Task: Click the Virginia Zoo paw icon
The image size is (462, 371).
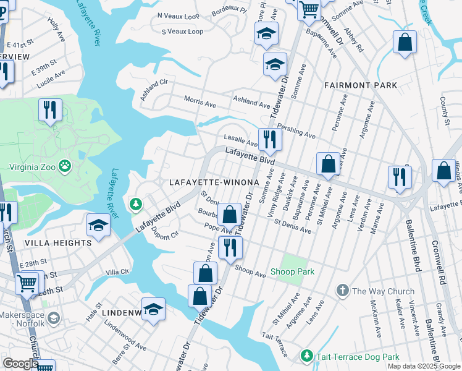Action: coord(65,166)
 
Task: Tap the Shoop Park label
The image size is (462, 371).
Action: coord(292,272)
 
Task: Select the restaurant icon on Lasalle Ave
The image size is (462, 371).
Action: coord(269,139)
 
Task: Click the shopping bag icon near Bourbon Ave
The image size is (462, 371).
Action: coord(229,215)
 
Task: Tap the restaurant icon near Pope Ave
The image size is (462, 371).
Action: coord(230,247)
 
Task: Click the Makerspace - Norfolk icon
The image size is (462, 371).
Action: coord(54,318)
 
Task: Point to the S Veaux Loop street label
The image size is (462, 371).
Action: coord(182,32)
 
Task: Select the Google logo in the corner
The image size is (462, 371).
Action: coord(20,364)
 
